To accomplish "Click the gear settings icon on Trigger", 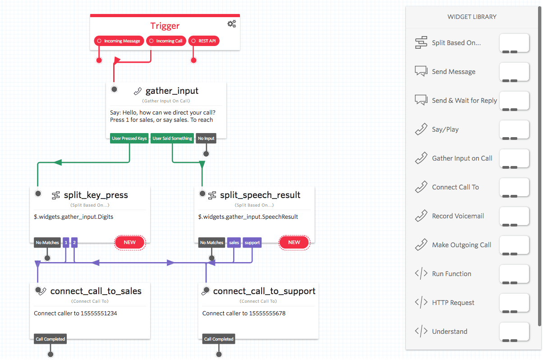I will pyautogui.click(x=231, y=24).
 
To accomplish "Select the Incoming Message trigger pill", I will pyautogui.click(x=119, y=41).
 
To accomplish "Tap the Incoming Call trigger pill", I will pyautogui.click(x=166, y=41).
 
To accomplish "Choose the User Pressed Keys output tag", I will pyautogui.click(x=129, y=138).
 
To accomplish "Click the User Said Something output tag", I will pyautogui.click(x=172, y=138).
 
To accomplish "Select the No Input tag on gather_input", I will pyautogui.click(x=206, y=138).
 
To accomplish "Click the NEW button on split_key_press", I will pyautogui.click(x=129, y=242).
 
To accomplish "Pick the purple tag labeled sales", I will pyautogui.click(x=234, y=243).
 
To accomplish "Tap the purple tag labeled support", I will pyautogui.click(x=252, y=243).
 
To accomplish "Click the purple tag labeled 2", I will pyautogui.click(x=74, y=243).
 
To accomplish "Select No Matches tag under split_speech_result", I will pyautogui.click(x=212, y=243).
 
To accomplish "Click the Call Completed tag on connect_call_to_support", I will pyautogui.click(x=219, y=339).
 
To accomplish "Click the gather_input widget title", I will pyautogui.click(x=172, y=91).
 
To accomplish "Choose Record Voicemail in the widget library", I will pyautogui.click(x=457, y=216).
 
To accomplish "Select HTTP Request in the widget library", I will pyautogui.click(x=453, y=303).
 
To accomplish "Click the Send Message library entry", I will pyautogui.click(x=453, y=72).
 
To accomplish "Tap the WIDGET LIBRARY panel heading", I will pyautogui.click(x=472, y=17).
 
